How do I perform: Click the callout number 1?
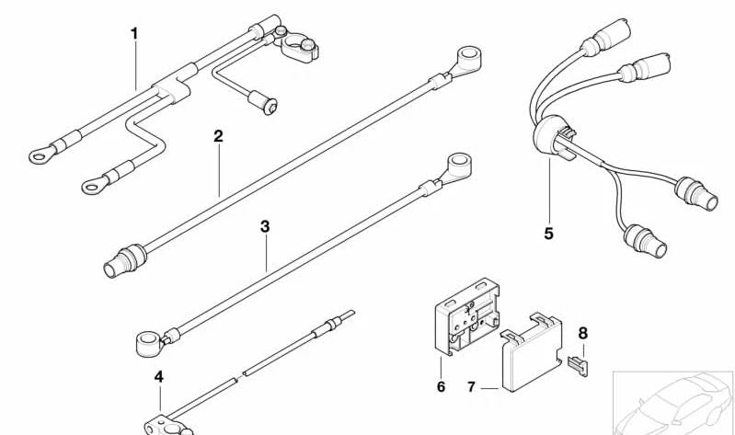134,34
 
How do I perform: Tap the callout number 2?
218,136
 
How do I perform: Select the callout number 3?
265,224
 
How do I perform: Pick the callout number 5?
548,234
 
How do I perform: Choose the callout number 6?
441,387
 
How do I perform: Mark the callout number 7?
471,387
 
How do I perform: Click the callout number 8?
581,332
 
